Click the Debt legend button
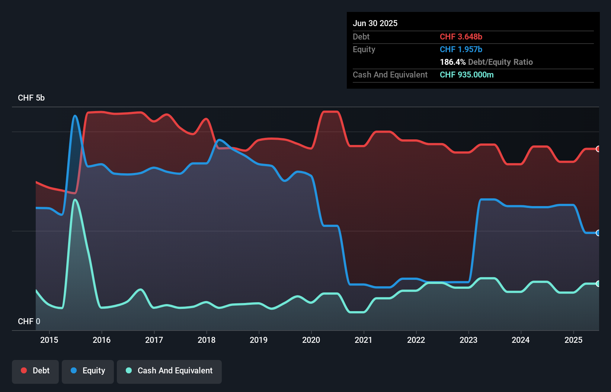tap(35, 371)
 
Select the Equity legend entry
tap(88, 371)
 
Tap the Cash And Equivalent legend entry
tap(169, 371)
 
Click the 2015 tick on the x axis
tap(49, 340)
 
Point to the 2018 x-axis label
tap(207, 340)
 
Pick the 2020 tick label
tap(311, 340)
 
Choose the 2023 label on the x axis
tap(468, 340)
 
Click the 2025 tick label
tap(573, 340)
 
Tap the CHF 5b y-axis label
tap(31, 98)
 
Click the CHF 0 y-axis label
tap(29, 321)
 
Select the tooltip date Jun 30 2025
tap(375, 23)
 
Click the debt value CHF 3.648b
tap(461, 37)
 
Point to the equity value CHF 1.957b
tap(461, 50)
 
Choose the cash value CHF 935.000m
tap(467, 75)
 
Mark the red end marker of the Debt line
tap(598, 149)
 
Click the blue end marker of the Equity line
tap(598, 233)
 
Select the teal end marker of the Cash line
tap(598, 284)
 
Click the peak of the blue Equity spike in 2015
tap(75, 116)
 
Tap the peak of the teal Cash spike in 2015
tap(75, 200)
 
